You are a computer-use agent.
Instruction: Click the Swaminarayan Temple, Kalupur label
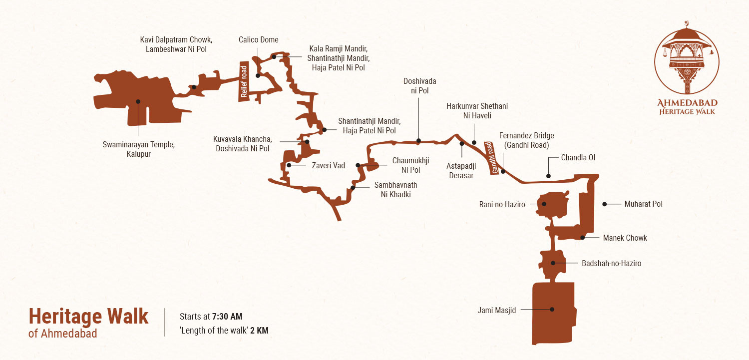[x=138, y=149]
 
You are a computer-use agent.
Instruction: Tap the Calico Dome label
[x=258, y=40]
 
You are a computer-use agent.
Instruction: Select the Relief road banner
[x=244, y=81]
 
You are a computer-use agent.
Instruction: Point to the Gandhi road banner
[x=489, y=158]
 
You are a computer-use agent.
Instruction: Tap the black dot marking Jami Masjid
[x=552, y=309]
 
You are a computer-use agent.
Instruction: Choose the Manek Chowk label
[x=625, y=238]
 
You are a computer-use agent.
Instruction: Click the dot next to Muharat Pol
[x=604, y=204]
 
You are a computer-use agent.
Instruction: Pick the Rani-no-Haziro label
[x=502, y=204]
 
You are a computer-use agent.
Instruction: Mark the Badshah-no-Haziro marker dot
[x=553, y=263]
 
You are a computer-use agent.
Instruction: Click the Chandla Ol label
[x=578, y=158]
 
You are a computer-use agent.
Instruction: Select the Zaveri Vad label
[x=329, y=165]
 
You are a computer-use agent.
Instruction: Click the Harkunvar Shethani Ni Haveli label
[x=477, y=111]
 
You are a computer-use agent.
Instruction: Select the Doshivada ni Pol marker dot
[x=418, y=140]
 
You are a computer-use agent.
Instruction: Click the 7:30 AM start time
[x=227, y=317]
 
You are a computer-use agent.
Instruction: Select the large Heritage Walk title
[x=88, y=316]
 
